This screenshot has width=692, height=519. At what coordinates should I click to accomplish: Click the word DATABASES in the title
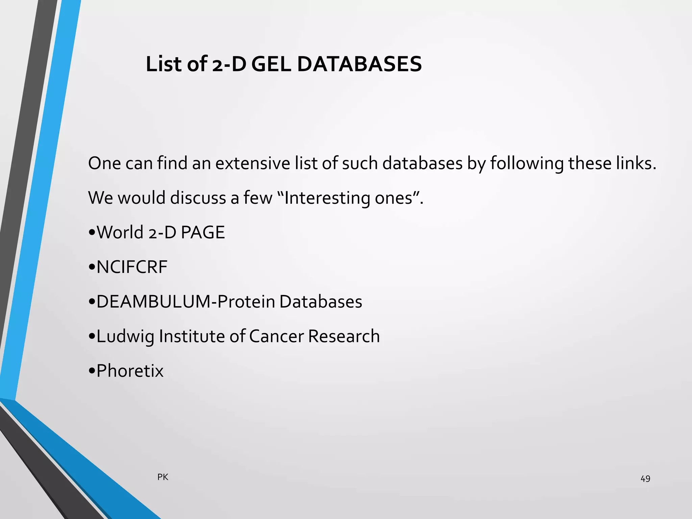[360, 64]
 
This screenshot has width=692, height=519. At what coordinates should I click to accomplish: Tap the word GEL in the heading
[271, 64]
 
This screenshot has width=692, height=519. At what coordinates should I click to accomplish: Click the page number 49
[645, 479]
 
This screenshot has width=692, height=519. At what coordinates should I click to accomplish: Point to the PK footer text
[163, 477]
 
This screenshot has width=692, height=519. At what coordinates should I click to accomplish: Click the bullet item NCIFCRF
[132, 267]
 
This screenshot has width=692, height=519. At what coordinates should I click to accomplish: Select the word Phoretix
[130, 371]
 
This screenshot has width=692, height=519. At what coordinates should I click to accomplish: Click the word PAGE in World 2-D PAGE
[203, 232]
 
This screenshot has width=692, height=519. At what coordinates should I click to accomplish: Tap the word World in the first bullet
[120, 232]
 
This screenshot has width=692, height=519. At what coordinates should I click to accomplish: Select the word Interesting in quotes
[327, 198]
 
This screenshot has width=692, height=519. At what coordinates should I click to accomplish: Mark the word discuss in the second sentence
[198, 198]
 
